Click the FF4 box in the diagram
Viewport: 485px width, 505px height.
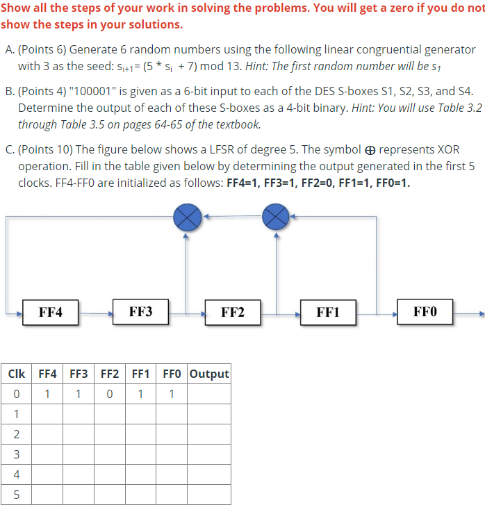[x=50, y=312]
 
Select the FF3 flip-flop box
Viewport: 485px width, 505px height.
[x=140, y=311]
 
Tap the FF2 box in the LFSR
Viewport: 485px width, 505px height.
[x=232, y=312]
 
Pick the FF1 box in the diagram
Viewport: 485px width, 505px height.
[x=327, y=312]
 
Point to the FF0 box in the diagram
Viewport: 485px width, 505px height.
[x=425, y=311]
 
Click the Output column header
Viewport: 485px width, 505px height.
[x=209, y=374]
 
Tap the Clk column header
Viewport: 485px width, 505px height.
[x=16, y=374]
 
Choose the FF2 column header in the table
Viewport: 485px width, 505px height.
[x=110, y=374]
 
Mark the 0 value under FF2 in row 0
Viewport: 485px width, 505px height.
[x=110, y=394]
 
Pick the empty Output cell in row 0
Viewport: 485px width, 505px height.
[x=209, y=394]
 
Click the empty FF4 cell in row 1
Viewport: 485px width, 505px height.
[x=47, y=414]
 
